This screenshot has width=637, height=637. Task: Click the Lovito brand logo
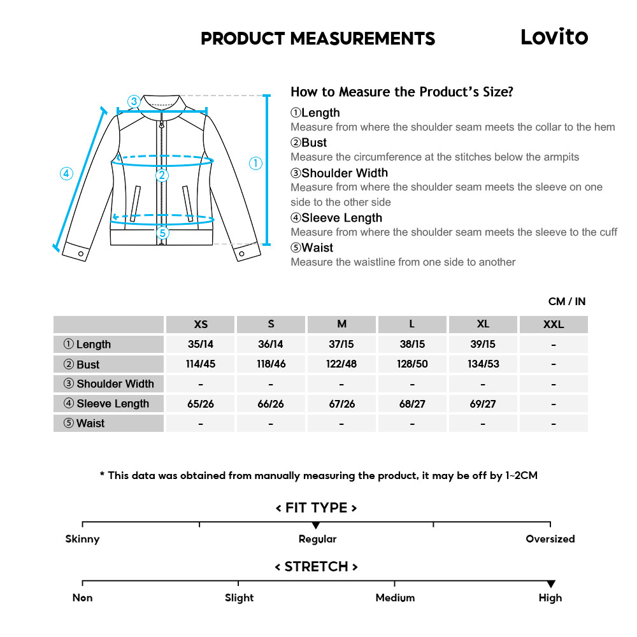tap(554, 37)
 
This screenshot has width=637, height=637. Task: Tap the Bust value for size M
tap(341, 364)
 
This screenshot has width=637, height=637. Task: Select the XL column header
tap(483, 324)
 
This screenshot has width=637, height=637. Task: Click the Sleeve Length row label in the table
tap(108, 404)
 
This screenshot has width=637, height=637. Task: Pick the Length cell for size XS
tap(201, 345)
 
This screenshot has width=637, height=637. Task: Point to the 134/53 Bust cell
tap(483, 364)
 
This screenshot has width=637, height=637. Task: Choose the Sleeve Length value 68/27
tap(412, 404)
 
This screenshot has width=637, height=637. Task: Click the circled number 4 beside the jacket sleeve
tap(67, 173)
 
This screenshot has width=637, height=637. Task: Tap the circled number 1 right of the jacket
tap(255, 164)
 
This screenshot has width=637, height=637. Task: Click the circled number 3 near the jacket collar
tap(133, 101)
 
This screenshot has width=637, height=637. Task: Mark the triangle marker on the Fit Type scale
tap(316, 526)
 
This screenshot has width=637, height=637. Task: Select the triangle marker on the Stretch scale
tap(551, 584)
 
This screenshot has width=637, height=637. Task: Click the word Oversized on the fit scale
tap(550, 539)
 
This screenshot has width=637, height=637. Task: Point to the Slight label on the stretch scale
tap(239, 598)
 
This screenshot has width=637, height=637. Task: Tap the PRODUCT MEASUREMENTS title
tap(318, 39)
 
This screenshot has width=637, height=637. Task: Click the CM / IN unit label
tap(566, 301)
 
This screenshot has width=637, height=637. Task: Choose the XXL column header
tap(554, 324)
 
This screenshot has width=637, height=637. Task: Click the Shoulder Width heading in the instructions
tap(344, 173)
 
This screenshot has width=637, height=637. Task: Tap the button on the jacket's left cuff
tap(81, 254)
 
